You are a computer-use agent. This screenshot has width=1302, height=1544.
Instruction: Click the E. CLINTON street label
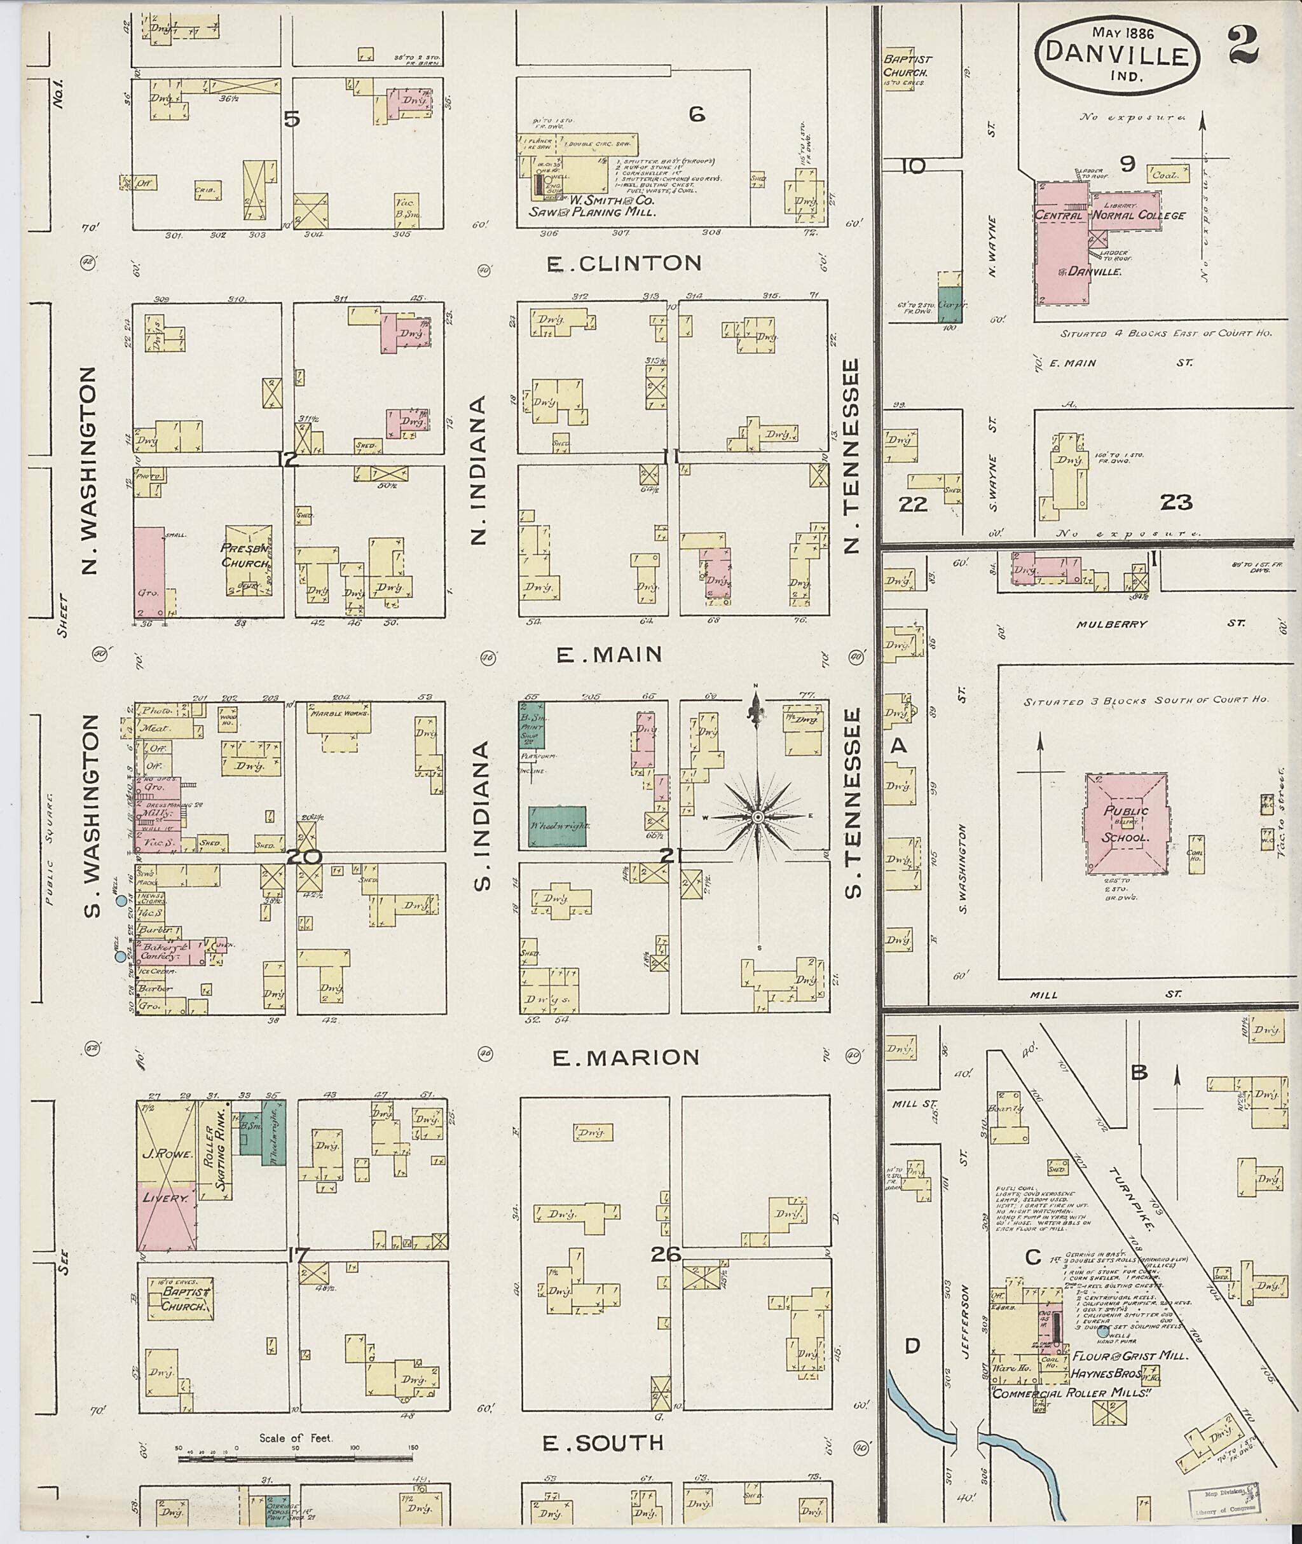coord(624,264)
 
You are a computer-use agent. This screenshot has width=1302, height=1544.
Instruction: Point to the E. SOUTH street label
coord(603,1443)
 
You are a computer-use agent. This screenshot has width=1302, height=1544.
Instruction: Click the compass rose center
coord(758,817)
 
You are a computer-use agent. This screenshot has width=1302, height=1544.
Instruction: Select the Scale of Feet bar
coord(295,1458)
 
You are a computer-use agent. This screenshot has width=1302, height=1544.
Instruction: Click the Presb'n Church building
coord(248,556)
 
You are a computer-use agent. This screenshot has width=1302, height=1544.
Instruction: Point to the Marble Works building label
coord(340,714)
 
